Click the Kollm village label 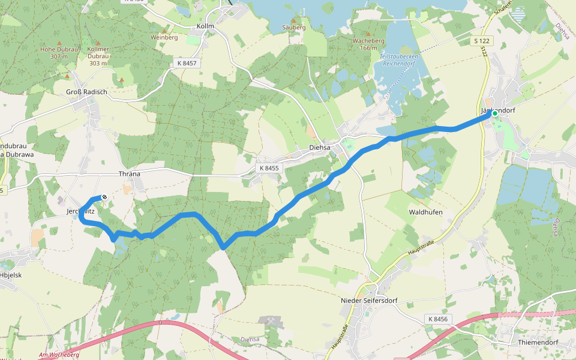point(205,26)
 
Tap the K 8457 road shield point(188,62)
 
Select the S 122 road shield point(481,40)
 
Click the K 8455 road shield point(268,169)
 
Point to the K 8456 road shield point(439,319)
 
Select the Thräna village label point(130,174)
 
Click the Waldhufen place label point(425,212)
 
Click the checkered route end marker point(104,197)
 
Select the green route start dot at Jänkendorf point(495,113)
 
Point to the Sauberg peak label point(293,28)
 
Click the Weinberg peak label point(164,37)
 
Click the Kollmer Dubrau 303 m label point(98,55)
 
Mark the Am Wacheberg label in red point(59,355)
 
